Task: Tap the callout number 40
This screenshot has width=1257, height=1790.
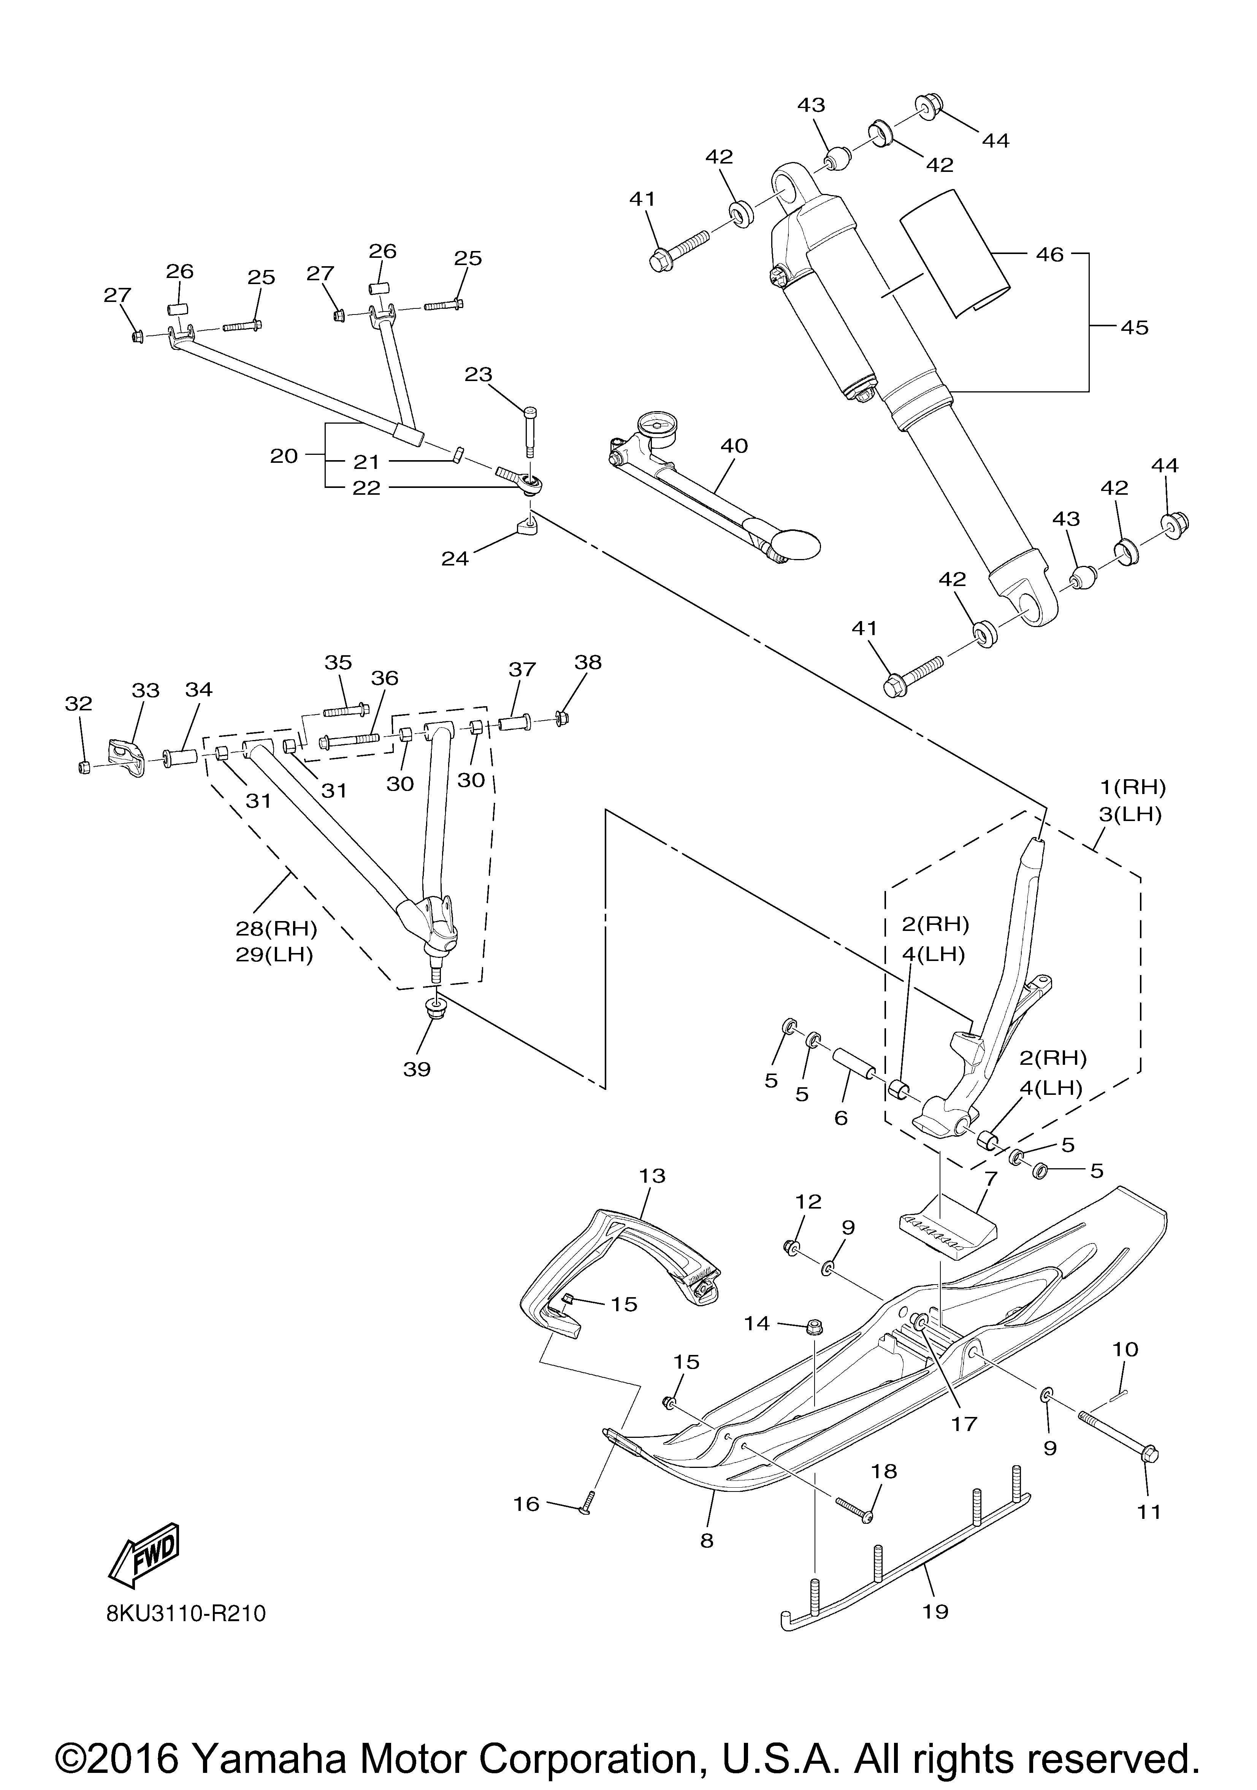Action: point(734,446)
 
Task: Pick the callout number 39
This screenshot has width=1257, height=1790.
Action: point(417,1069)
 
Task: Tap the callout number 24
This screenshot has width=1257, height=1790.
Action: point(455,558)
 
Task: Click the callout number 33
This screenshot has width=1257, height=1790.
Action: point(146,691)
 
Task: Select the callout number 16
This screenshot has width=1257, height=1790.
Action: point(527,1503)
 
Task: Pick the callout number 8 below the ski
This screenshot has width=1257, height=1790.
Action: point(707,1540)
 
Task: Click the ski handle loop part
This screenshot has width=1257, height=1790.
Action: point(616,1255)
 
